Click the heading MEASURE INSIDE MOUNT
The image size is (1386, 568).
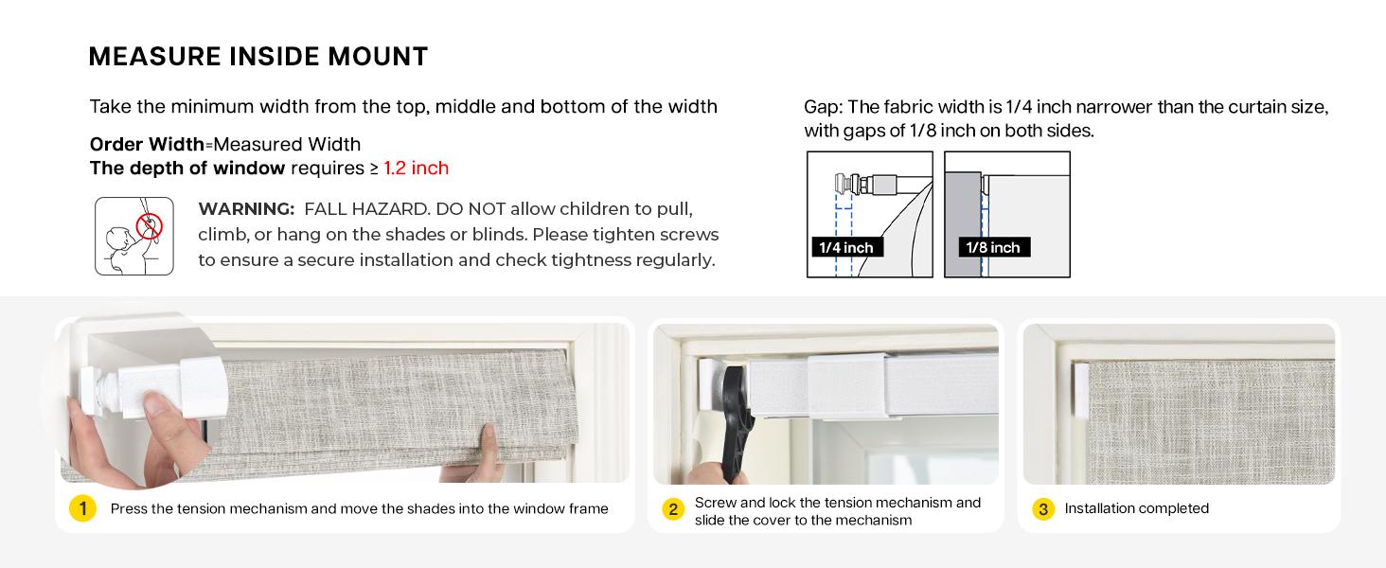click(x=258, y=56)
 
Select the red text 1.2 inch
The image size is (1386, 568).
click(x=416, y=168)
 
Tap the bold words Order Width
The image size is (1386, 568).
click(x=147, y=144)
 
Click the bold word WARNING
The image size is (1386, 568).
click(x=246, y=209)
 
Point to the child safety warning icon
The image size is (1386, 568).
click(x=134, y=237)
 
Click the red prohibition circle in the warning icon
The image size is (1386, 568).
click(x=150, y=226)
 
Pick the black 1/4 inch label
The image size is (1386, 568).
click(x=846, y=247)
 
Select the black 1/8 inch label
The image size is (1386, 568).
click(x=993, y=247)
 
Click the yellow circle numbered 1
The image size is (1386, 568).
click(x=83, y=508)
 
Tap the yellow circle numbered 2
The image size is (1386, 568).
click(x=673, y=509)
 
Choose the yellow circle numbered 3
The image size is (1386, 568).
click(x=1043, y=509)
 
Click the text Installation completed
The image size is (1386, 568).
click(x=1137, y=508)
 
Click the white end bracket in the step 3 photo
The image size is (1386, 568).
click(x=1081, y=390)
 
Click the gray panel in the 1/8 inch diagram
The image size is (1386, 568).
click(x=963, y=224)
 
